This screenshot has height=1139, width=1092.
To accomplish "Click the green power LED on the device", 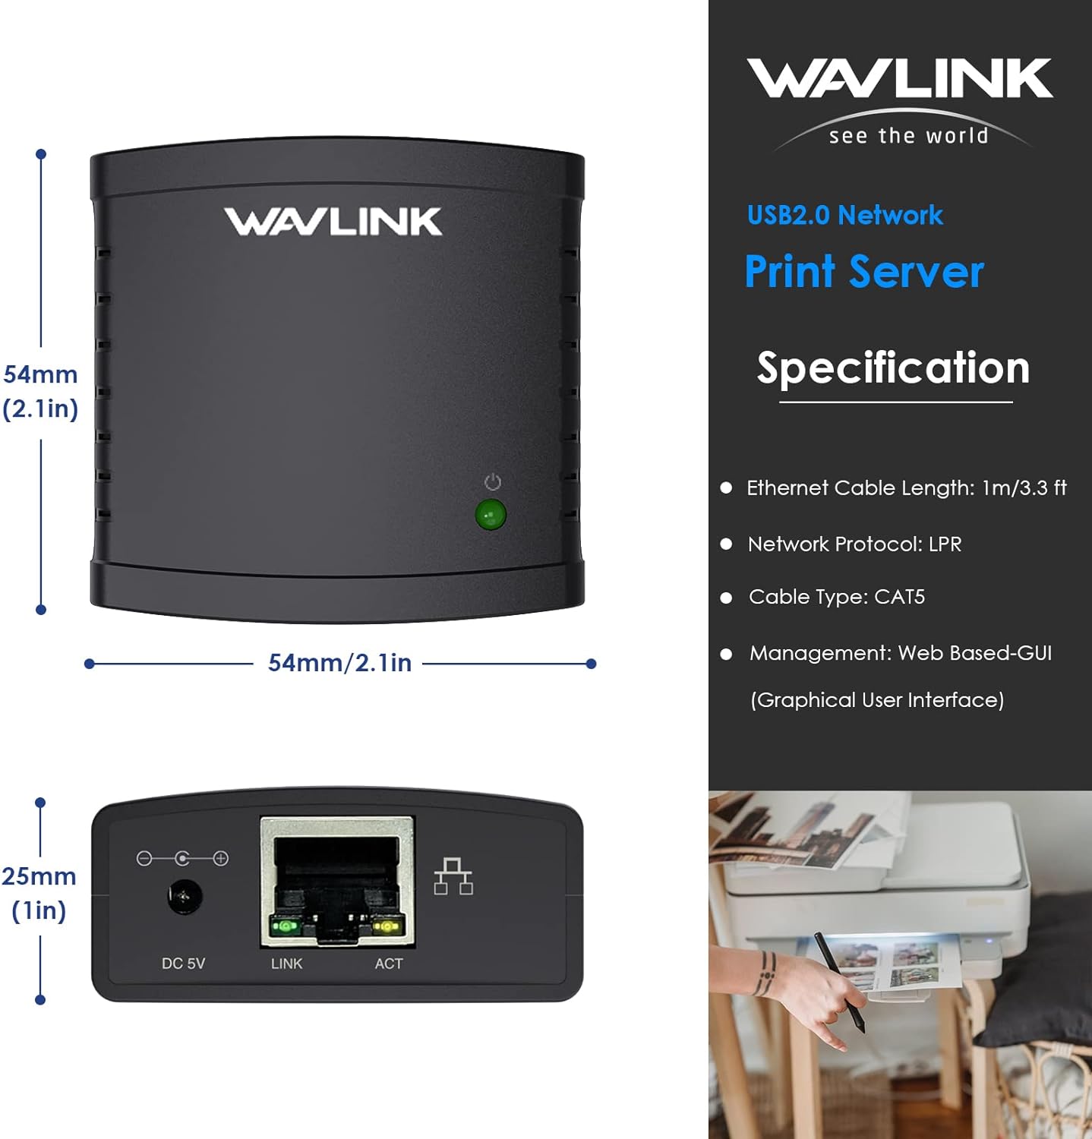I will click(x=491, y=515).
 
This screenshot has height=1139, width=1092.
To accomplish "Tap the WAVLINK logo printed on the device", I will click(x=333, y=222).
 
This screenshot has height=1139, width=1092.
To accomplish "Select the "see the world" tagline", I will click(x=908, y=136).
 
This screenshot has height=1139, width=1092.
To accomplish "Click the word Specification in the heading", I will click(x=893, y=368).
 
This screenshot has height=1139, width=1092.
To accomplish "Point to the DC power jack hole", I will click(x=185, y=898).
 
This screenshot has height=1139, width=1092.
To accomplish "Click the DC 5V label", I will click(x=183, y=964).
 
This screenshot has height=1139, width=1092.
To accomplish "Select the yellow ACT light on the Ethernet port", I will click(x=387, y=926).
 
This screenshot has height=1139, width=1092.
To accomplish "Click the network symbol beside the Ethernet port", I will click(x=453, y=876).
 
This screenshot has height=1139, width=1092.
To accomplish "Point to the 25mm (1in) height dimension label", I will click(x=39, y=893).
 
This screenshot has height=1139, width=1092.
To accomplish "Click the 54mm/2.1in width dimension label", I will click(x=339, y=663).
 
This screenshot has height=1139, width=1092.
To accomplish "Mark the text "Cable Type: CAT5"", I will click(x=836, y=597).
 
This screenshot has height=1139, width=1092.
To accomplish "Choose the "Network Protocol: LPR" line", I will click(x=854, y=544).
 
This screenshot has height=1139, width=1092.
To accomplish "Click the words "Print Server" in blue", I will click(x=864, y=272).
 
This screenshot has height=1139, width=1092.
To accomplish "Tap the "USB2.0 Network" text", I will click(x=844, y=216).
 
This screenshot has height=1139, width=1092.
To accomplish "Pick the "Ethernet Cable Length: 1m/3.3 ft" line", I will click(x=906, y=487).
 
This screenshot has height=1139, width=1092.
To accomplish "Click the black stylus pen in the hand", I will click(x=839, y=980).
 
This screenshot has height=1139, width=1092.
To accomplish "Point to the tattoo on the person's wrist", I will click(x=765, y=973).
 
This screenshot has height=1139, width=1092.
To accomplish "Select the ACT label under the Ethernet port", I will click(x=388, y=964).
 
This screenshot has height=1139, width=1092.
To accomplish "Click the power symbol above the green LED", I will click(x=493, y=482).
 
